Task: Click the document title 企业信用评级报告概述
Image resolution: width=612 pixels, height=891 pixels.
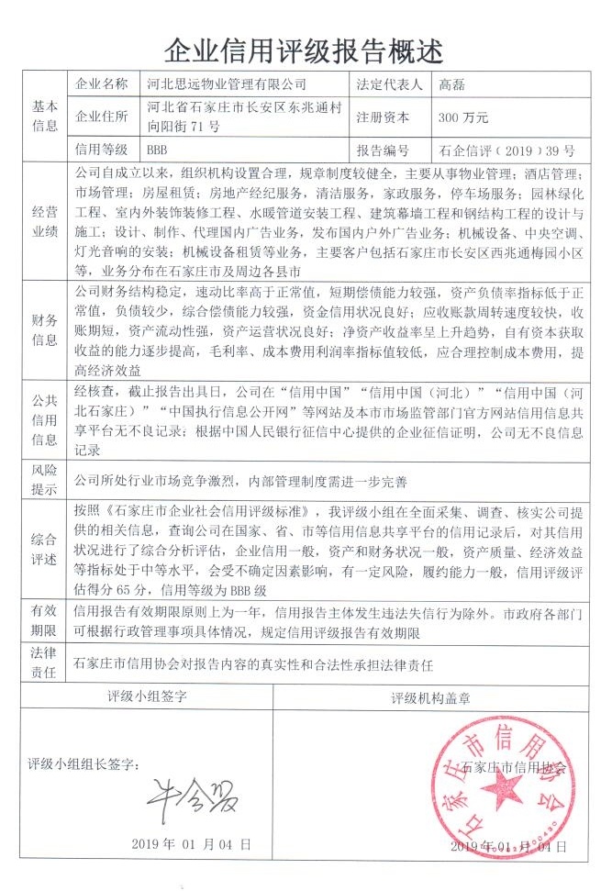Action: (306, 47)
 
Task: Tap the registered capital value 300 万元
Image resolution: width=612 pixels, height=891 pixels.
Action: (463, 117)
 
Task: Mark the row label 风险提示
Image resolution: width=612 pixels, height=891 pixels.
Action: (46, 479)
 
